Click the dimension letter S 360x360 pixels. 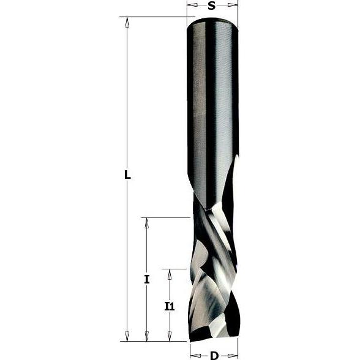(212, 6)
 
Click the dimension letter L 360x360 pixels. (127, 174)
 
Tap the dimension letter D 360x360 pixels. (214, 354)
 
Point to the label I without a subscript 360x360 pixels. (146, 280)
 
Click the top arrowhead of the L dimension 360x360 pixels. (127, 23)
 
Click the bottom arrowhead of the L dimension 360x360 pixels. (127, 336)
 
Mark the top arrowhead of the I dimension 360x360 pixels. (146, 223)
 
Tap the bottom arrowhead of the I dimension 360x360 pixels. (146, 336)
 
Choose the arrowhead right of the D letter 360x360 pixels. (232, 354)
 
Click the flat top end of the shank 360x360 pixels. (212, 20)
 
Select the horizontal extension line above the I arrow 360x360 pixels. (165, 217)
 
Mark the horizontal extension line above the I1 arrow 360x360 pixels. (177, 268)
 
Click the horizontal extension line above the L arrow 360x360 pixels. (153, 17)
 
